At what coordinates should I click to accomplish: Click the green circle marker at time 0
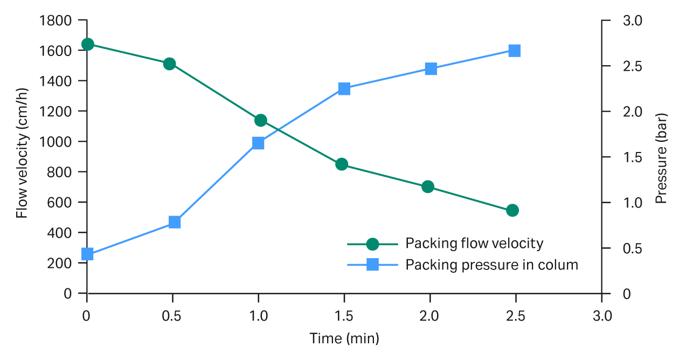click(x=87, y=44)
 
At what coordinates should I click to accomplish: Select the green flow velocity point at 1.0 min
click(x=260, y=120)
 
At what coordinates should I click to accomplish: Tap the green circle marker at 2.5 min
click(x=512, y=210)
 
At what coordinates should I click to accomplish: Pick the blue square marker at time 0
click(x=87, y=254)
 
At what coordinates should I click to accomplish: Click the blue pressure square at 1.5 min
click(x=344, y=89)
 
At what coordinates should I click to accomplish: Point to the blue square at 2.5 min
click(x=515, y=51)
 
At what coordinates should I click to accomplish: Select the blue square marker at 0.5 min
click(x=175, y=222)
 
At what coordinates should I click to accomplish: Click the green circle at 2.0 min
click(x=428, y=187)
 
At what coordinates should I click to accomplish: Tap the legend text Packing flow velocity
click(x=474, y=244)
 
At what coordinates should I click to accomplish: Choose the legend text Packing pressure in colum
click(x=491, y=265)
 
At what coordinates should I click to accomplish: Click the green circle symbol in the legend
click(x=372, y=244)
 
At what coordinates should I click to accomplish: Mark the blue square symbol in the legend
click(x=372, y=265)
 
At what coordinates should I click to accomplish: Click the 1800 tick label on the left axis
click(x=56, y=20)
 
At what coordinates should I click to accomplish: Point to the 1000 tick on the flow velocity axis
click(x=56, y=142)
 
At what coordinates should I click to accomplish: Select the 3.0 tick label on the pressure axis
click(x=633, y=20)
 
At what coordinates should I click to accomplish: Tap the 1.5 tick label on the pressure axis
click(x=633, y=157)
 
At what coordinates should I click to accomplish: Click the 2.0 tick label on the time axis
click(x=430, y=316)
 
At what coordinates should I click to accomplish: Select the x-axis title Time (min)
click(x=344, y=339)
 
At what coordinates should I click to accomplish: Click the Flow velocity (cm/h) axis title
click(x=22, y=157)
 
